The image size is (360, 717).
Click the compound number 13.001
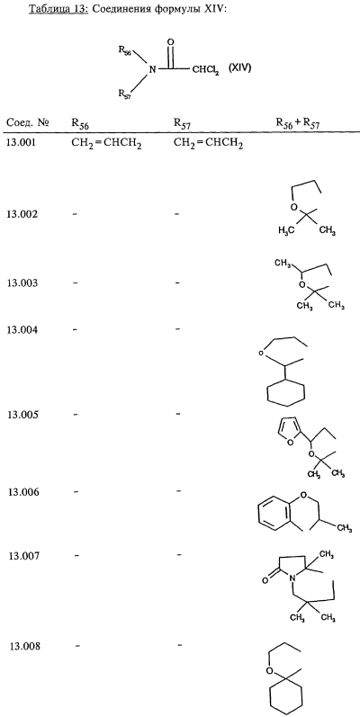click(21, 144)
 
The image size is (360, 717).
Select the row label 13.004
click(21, 329)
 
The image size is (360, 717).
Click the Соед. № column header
click(27, 123)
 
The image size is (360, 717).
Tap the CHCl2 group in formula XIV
click(205, 70)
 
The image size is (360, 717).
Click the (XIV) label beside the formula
click(238, 69)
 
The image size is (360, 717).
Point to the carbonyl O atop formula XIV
click(171, 42)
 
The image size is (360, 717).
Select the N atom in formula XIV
click(153, 70)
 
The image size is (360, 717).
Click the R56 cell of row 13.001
click(106, 145)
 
